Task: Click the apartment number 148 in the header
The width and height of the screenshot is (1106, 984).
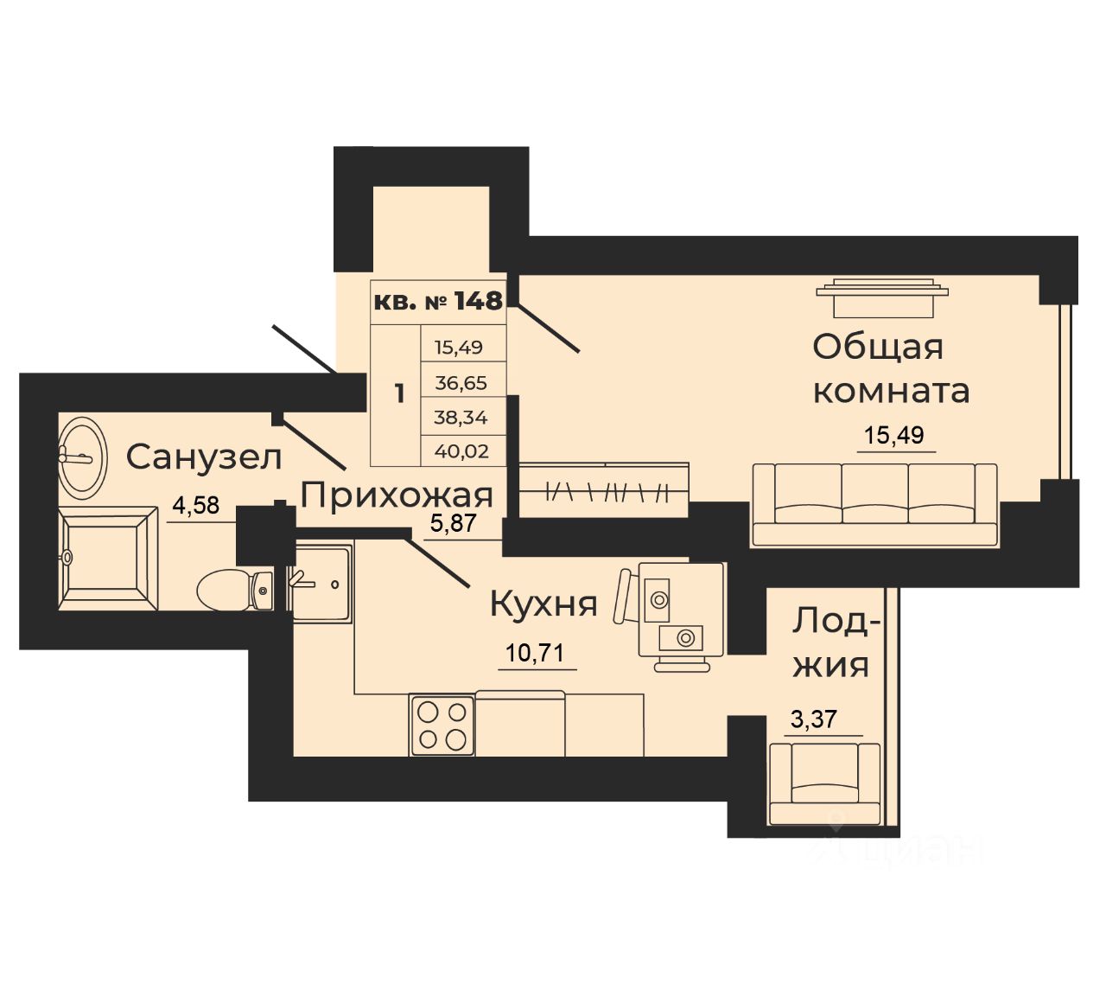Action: point(478,301)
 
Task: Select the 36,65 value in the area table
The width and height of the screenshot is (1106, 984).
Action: point(461,382)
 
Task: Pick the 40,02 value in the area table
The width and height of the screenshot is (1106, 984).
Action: point(461,450)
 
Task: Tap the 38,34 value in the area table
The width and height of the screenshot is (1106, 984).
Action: point(461,417)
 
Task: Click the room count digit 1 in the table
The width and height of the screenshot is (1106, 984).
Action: point(398,394)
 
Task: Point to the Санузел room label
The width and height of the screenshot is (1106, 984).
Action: point(204,457)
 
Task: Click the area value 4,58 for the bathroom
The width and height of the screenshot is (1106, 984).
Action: point(194,504)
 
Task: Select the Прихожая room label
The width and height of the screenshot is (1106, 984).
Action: point(397,495)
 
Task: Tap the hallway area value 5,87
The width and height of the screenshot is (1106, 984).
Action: point(454,523)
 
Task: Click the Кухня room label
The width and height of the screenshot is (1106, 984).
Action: point(543,604)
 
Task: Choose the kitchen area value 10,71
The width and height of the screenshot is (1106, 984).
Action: point(535,652)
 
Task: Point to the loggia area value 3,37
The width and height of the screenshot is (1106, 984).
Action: point(815,719)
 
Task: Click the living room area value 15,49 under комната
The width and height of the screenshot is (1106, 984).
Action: point(900,435)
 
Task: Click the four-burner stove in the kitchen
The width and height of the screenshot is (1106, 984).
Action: point(442,725)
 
